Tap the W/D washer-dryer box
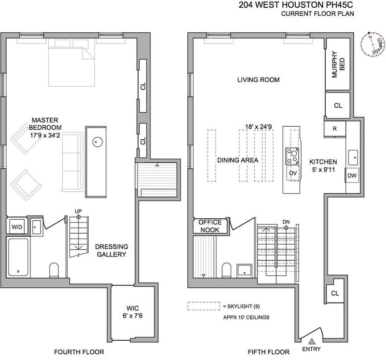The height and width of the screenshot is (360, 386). [17, 227]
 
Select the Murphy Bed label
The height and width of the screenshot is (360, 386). [338, 65]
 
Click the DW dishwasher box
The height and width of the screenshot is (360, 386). [352, 175]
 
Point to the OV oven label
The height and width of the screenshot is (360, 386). [293, 173]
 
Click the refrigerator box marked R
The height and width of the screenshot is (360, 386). [334, 129]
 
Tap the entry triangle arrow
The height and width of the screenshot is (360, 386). [312, 341]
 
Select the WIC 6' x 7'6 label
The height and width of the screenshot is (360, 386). [133, 312]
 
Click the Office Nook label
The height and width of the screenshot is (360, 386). [210, 226]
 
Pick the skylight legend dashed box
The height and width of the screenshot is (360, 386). [204, 306]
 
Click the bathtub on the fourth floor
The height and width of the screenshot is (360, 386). [18, 257]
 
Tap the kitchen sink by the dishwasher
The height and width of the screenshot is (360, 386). [353, 158]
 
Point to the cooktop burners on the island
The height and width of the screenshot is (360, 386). [292, 156]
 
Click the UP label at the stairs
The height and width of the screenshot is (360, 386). [78, 211]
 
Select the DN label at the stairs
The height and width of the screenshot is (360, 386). [286, 222]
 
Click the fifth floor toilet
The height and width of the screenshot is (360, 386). [226, 270]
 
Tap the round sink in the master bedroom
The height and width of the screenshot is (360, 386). [97, 142]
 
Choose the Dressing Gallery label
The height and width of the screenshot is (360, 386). [111, 250]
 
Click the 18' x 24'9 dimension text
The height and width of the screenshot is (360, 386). [258, 127]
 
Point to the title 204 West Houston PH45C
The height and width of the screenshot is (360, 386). [296, 5]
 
